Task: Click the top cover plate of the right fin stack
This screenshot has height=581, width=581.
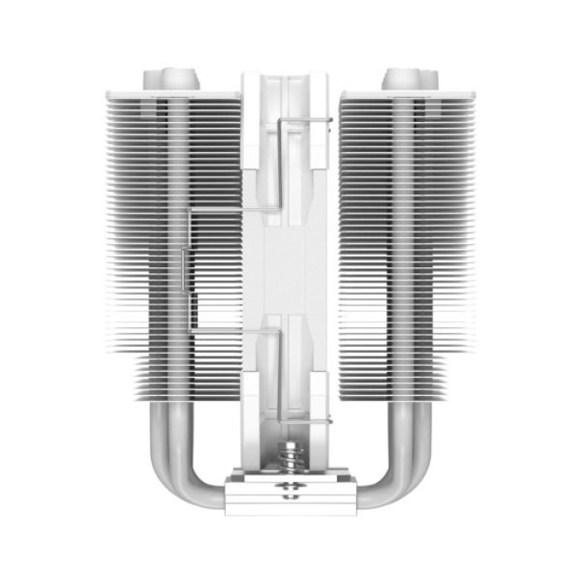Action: [x=407, y=95]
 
